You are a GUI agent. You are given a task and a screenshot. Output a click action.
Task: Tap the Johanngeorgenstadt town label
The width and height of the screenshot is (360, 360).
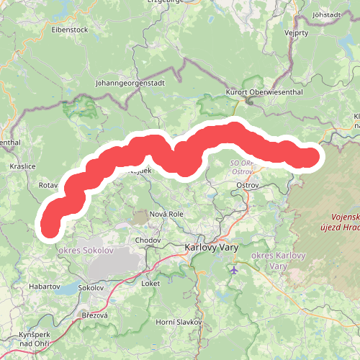[x=130, y=83]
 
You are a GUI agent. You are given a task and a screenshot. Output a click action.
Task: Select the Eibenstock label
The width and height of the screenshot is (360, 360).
[x=70, y=30]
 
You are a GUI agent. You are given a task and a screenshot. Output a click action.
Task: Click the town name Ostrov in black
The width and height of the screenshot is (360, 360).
[x=248, y=186]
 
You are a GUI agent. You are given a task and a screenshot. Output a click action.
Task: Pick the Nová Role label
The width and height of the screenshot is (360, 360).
[x=164, y=215]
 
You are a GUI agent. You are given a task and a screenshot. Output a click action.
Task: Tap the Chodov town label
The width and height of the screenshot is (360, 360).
[x=148, y=239]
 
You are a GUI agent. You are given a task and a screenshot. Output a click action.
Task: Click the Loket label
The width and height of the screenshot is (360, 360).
[x=150, y=284]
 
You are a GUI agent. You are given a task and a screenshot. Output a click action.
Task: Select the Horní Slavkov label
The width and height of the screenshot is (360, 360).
[x=177, y=321]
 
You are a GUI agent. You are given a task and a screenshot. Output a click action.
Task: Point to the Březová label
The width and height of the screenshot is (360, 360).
[x=94, y=315]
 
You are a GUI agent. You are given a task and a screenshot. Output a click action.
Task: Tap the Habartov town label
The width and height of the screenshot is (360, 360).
[x=45, y=286]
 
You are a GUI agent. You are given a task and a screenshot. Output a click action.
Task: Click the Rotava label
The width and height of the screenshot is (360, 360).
[x=48, y=185]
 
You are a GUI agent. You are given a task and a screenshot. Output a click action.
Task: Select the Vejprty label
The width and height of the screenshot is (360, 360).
[x=296, y=32]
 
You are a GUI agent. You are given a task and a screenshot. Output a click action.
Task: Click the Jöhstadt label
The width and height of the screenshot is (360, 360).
[x=326, y=14]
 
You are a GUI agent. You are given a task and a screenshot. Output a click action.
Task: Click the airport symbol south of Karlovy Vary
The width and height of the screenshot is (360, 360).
[x=235, y=270]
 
